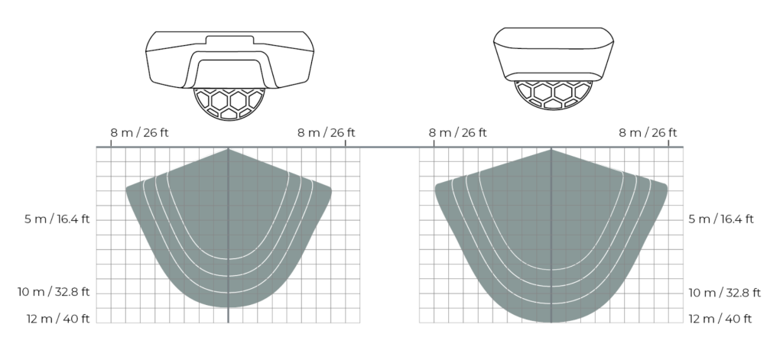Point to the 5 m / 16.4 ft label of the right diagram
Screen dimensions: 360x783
(x=721, y=220)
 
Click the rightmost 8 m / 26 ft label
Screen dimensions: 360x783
(x=647, y=132)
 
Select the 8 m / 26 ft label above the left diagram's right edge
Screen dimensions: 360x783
(x=326, y=132)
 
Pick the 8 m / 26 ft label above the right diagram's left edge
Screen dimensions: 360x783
(x=457, y=132)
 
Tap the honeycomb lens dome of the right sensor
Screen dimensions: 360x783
(x=551, y=95)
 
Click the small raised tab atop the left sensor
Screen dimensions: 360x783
(x=229, y=37)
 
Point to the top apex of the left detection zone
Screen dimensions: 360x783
(x=229, y=150)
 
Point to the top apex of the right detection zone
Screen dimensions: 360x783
(x=551, y=150)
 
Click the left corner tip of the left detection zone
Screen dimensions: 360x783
(x=128, y=188)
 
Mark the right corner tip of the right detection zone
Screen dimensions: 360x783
(x=665, y=186)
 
